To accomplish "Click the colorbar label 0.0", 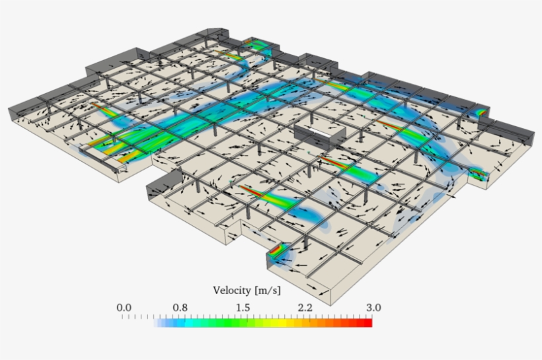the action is click(x=124, y=307).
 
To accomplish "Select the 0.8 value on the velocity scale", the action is click(x=180, y=307).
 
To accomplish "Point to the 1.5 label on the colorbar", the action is click(x=243, y=307).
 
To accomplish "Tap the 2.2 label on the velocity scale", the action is click(x=305, y=307).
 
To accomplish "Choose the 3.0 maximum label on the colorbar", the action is click(x=373, y=307).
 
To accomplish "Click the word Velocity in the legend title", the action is click(x=232, y=290).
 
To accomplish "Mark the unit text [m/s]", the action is click(x=268, y=291).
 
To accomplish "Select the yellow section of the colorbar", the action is click(x=280, y=323).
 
